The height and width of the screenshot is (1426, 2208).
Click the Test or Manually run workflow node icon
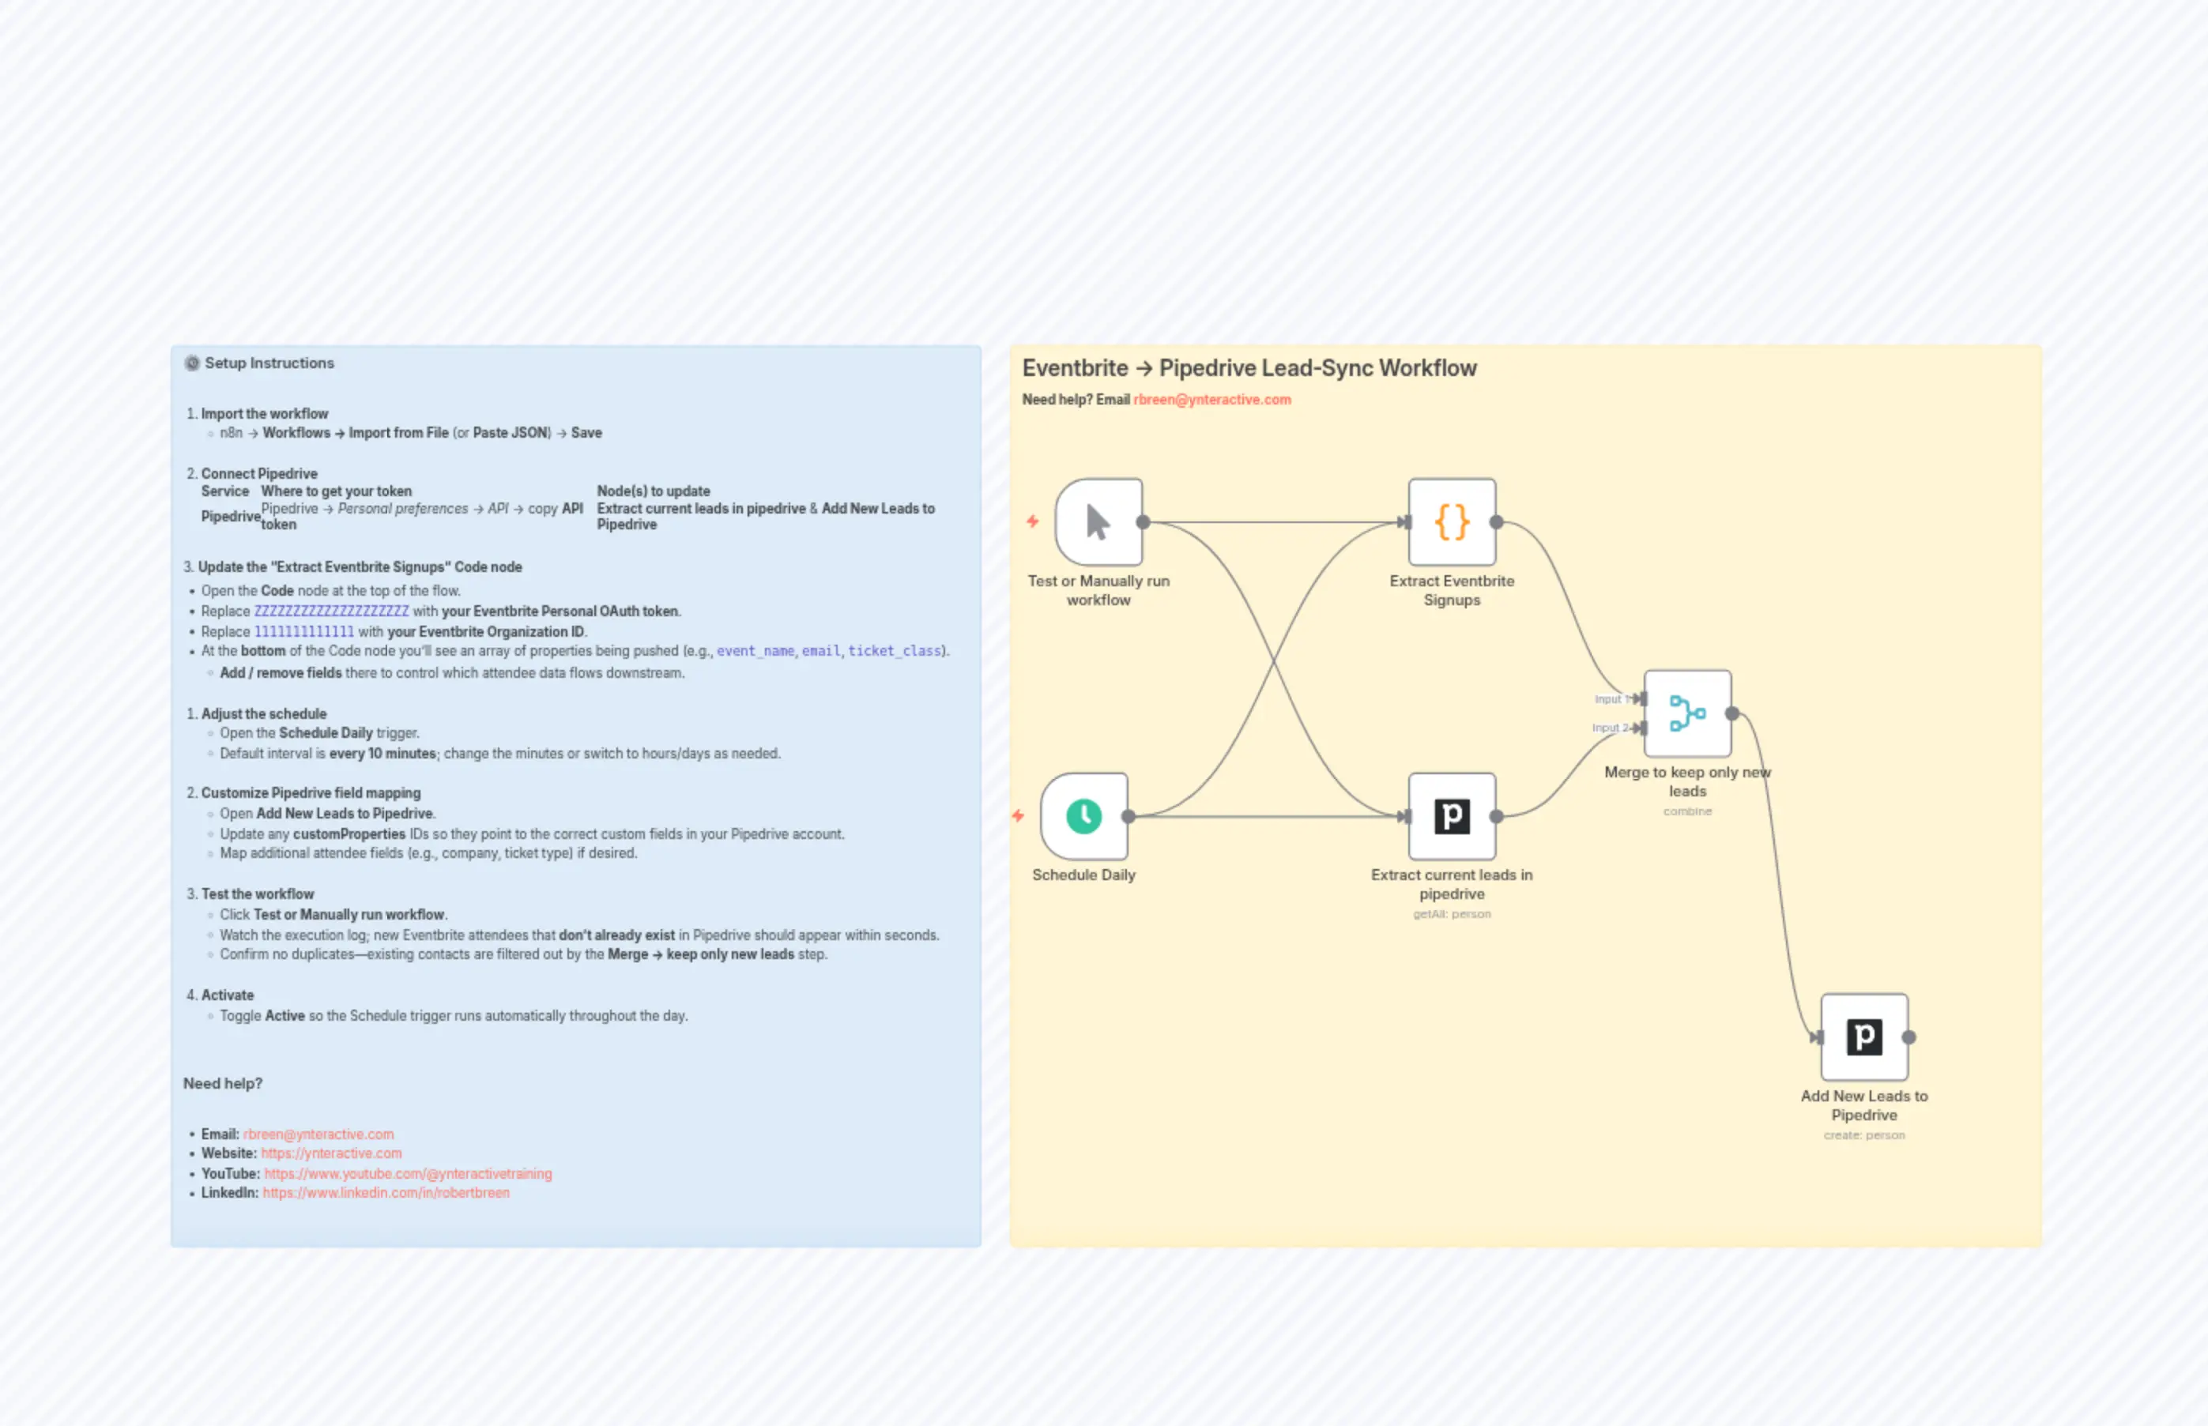1098,522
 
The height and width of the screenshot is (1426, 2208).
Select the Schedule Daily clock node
1083,817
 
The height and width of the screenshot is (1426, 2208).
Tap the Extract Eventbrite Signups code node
1451,522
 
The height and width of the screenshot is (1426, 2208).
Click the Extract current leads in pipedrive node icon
1451,817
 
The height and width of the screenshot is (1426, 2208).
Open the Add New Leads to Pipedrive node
1863,1037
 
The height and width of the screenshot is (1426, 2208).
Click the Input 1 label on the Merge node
1610,699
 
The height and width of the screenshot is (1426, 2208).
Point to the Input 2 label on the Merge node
1609,728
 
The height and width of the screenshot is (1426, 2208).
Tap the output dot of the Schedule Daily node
1128,817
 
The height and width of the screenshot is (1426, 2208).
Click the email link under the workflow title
1211,400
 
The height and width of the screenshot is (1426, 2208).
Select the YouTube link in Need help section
408,1173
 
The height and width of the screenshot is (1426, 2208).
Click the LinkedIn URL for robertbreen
386,1193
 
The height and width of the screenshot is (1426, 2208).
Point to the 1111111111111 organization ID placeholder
303,631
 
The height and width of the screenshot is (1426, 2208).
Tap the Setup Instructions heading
269,363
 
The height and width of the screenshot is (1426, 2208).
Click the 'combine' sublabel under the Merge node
1686,811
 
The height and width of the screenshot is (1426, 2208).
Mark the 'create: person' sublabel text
1863,1135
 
